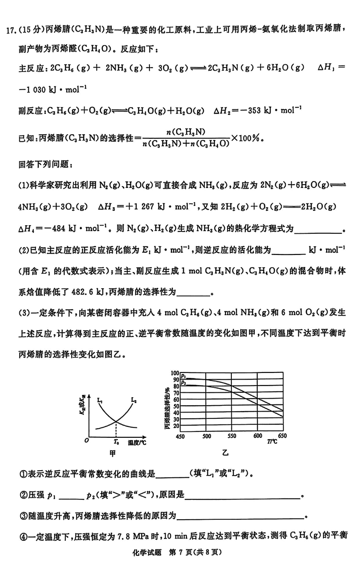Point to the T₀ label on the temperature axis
pyautogui.click(x=116, y=443)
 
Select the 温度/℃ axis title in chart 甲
pyautogui.click(x=136, y=443)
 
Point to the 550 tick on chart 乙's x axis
pyautogui.click(x=232, y=436)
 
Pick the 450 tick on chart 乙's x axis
pyautogui.click(x=181, y=436)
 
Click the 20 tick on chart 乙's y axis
pyautogui.click(x=176, y=425)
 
